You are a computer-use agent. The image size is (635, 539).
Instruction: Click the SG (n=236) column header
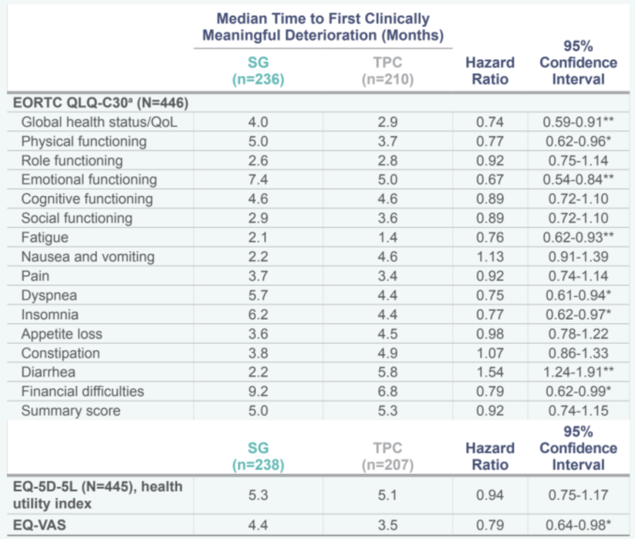point(258,71)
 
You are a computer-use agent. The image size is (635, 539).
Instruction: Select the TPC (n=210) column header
point(387,71)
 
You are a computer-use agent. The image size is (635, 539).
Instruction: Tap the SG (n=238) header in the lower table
point(258,457)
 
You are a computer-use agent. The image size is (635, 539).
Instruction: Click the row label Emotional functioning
point(89,180)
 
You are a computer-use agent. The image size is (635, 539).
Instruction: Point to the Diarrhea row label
point(48,372)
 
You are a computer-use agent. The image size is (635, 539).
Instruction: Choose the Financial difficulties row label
point(82,391)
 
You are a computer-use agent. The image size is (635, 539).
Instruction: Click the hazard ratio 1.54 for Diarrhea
point(490,372)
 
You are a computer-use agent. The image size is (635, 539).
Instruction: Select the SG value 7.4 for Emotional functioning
point(258,180)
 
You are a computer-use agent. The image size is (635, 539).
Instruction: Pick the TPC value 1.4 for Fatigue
point(388,237)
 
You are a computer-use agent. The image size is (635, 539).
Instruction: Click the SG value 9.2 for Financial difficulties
point(258,391)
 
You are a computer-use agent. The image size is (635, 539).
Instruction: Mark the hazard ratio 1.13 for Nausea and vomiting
point(490,257)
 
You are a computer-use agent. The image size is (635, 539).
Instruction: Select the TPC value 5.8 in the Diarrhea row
point(388,372)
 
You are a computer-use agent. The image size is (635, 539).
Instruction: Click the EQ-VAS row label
point(39,525)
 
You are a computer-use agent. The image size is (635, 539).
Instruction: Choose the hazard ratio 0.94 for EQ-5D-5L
point(490,495)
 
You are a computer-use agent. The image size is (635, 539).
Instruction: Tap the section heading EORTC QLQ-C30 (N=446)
point(100,103)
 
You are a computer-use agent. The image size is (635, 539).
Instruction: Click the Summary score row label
point(71,411)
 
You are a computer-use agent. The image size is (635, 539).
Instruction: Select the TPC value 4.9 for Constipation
point(388,353)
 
